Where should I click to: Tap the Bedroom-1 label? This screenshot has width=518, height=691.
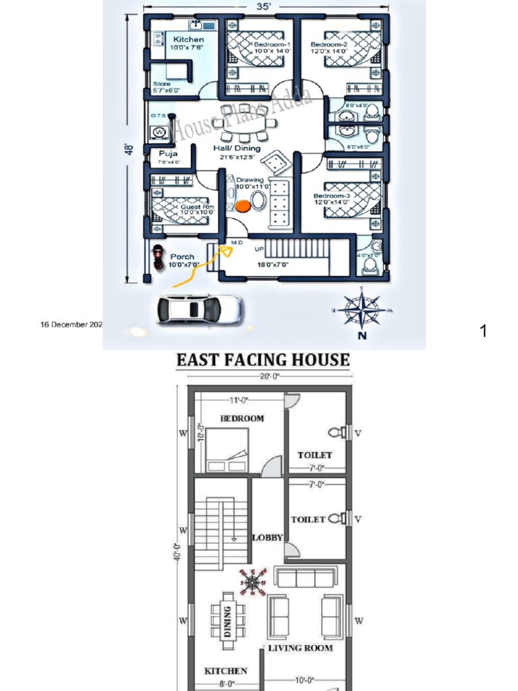coord(271,45)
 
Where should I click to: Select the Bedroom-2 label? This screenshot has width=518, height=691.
coord(328,45)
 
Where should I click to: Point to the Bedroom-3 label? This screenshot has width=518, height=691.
coord(331,196)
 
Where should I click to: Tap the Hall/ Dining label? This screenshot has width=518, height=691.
coord(237,148)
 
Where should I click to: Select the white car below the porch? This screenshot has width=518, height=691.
coord(198,309)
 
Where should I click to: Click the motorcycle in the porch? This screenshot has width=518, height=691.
coord(159,257)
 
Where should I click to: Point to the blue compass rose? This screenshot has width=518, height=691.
coord(362,310)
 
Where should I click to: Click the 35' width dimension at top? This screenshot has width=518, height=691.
coord(264,7)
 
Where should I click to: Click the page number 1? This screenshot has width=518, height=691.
coord(483,331)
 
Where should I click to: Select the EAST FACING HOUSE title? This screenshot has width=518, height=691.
coord(263,360)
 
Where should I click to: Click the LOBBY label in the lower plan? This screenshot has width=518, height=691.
coord(267,538)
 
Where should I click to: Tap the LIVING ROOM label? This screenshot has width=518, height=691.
coord(300,648)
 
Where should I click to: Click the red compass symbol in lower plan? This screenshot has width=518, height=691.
coord(252,582)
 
